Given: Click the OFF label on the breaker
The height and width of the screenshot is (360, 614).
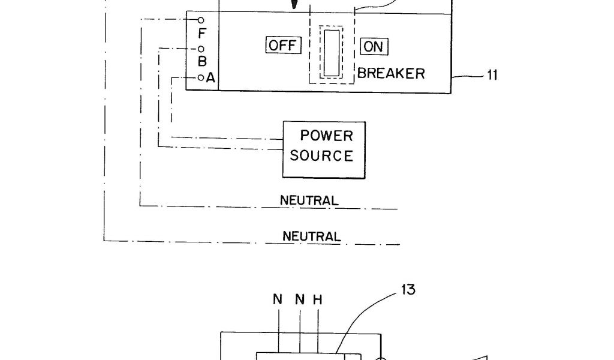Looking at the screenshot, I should (x=282, y=46).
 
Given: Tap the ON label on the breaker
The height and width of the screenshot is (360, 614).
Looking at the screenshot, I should (x=374, y=46).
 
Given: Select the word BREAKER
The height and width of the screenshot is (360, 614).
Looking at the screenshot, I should (x=392, y=74).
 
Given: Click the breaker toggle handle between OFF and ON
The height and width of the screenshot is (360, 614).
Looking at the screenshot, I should (x=332, y=52).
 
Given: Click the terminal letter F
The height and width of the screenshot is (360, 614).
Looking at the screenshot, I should (x=201, y=34).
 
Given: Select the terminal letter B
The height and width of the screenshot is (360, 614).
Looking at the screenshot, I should (x=202, y=61).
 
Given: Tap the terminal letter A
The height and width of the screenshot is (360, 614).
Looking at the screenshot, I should (x=210, y=77).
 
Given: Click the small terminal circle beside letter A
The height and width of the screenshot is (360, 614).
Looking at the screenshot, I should (x=201, y=77).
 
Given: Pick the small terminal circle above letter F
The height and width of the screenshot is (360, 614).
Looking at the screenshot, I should (x=201, y=20).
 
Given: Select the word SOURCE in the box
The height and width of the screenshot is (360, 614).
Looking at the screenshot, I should (x=321, y=155).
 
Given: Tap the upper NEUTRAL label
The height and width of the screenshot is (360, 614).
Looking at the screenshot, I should (x=309, y=200).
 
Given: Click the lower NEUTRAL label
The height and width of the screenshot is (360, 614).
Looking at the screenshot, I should (x=312, y=236).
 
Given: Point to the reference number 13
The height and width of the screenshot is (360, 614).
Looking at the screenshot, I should (x=408, y=290).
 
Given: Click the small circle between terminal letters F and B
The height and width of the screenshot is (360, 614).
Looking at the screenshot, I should (x=201, y=49).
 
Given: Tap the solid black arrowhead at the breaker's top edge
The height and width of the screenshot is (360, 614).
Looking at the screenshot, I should (x=294, y=4).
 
